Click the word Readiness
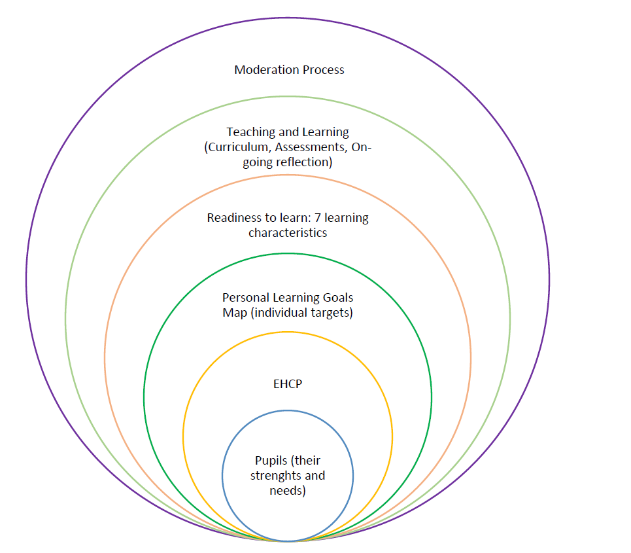click(235, 218)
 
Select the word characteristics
click(288, 233)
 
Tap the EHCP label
click(288, 384)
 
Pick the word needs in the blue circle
click(287, 490)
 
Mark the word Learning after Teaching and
click(326, 132)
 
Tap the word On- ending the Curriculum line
click(361, 147)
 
